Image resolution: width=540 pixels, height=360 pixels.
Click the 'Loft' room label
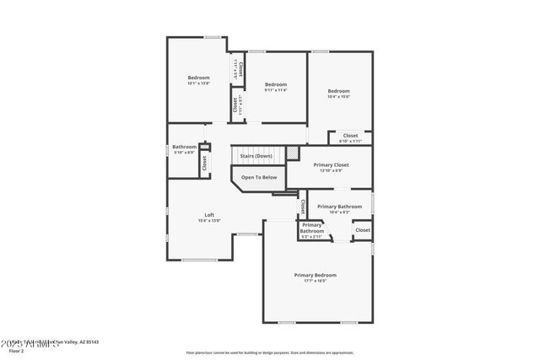(x=209, y=214)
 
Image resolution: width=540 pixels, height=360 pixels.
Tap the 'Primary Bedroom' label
(x=315, y=275)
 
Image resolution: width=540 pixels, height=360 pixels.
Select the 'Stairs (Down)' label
(x=256, y=156)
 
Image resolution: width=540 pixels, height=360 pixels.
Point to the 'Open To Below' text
(x=259, y=177)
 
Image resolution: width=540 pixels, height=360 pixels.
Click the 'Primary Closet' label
(x=331, y=165)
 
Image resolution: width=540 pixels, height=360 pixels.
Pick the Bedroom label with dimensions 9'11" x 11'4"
(x=276, y=84)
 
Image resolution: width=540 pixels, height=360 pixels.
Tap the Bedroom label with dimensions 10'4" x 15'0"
(x=338, y=91)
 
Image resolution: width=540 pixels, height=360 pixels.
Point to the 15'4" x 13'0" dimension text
(x=209, y=221)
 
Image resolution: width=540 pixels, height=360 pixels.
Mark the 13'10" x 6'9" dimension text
(x=331, y=171)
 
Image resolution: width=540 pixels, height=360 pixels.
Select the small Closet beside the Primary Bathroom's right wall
(x=363, y=229)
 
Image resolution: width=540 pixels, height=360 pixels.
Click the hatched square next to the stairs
(x=292, y=154)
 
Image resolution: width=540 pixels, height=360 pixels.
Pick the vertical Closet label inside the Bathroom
(x=204, y=163)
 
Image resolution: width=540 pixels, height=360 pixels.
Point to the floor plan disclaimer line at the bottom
(x=270, y=352)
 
